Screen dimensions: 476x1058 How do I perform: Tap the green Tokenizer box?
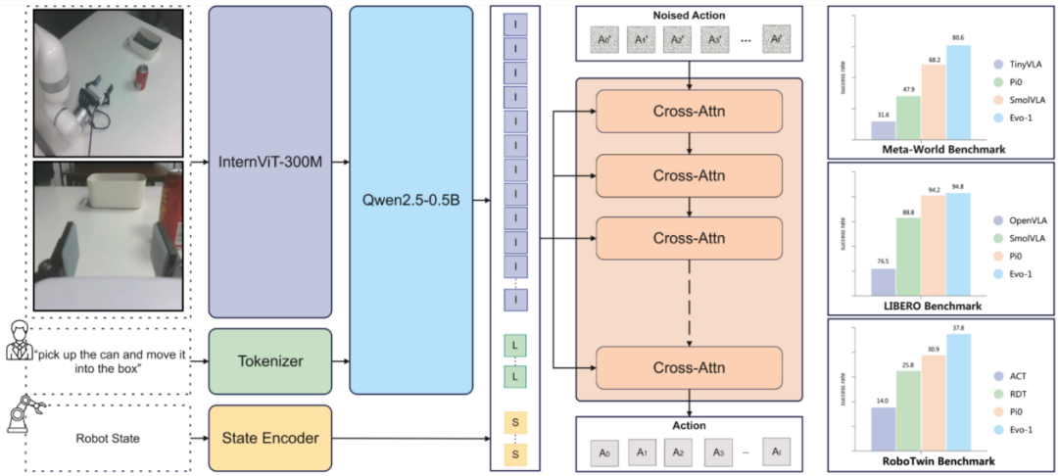(x=269, y=360)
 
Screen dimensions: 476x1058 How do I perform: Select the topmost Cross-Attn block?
(x=689, y=112)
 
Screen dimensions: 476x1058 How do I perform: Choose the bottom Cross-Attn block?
(x=689, y=367)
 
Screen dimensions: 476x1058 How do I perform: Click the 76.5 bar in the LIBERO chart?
(x=883, y=281)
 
